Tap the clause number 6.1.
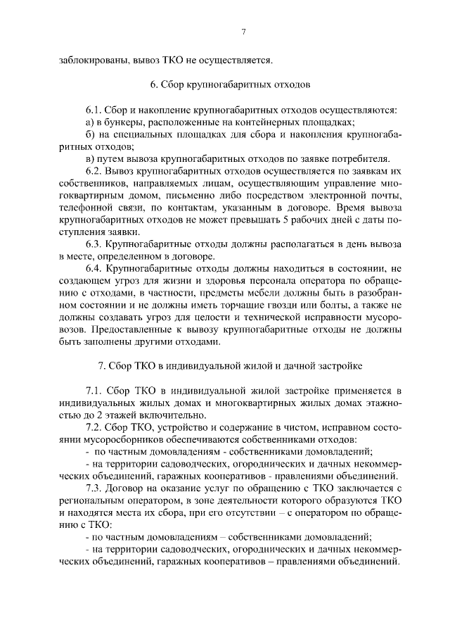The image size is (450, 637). point(94,110)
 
